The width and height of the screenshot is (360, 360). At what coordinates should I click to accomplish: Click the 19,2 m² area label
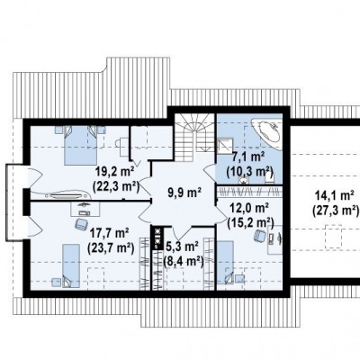pos(115,172)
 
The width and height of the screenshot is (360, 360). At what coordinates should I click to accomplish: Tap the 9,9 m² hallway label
pos(184,193)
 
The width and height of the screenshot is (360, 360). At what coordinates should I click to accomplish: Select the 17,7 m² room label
pos(110,233)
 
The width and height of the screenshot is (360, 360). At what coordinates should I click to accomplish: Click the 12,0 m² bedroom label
pos(249,208)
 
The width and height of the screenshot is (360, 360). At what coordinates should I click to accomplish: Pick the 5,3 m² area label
pos(183,247)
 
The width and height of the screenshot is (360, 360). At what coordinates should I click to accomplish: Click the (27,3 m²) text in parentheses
pos(336,210)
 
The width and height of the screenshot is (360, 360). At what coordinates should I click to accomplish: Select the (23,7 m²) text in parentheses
pos(111,247)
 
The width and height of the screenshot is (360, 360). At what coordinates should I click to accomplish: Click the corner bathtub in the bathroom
pos(268,133)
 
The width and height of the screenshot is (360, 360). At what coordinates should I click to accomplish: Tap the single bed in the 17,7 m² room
pos(71,265)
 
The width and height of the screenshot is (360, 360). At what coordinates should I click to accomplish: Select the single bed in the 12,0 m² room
pos(225,263)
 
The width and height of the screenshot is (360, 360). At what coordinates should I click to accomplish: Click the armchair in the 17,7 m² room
pos(81,224)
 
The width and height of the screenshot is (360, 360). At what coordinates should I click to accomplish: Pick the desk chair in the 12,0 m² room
pos(260,236)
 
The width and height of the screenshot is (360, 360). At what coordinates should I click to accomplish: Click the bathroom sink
pos(243,180)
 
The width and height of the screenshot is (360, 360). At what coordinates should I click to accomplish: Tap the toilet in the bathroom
pos(269,179)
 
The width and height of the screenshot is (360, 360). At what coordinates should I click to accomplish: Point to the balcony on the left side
pos(14,202)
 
